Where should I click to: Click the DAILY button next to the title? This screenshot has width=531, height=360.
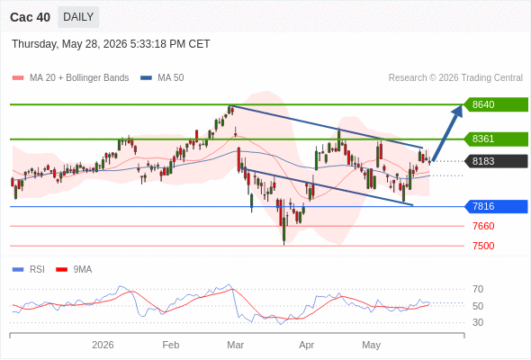point(78,17)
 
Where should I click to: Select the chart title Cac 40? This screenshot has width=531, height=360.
point(30,17)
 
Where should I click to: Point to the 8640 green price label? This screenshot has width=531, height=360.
point(496,104)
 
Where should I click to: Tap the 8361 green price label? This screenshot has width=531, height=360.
point(496,139)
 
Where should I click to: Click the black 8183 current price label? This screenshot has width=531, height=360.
point(496,161)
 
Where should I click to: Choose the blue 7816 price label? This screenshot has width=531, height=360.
point(496,206)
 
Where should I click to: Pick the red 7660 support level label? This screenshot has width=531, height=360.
point(483,226)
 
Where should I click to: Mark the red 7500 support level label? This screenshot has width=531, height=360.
point(483,246)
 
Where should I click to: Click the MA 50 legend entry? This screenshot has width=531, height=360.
point(162,78)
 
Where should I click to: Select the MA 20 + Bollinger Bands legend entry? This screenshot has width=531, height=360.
point(70,78)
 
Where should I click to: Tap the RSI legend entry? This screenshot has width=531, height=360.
point(29,270)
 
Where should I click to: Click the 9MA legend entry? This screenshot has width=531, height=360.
point(74,270)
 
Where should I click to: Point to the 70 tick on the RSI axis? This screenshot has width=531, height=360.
point(478,289)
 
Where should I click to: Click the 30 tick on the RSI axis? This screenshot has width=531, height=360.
point(478,322)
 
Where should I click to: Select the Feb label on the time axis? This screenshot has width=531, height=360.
point(171,345)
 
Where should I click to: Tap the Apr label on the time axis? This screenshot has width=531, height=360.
point(307,345)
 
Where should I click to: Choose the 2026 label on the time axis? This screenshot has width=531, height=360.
point(103,345)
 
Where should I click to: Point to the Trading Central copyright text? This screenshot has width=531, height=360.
point(455,78)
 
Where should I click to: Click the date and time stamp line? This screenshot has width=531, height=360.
point(111,44)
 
